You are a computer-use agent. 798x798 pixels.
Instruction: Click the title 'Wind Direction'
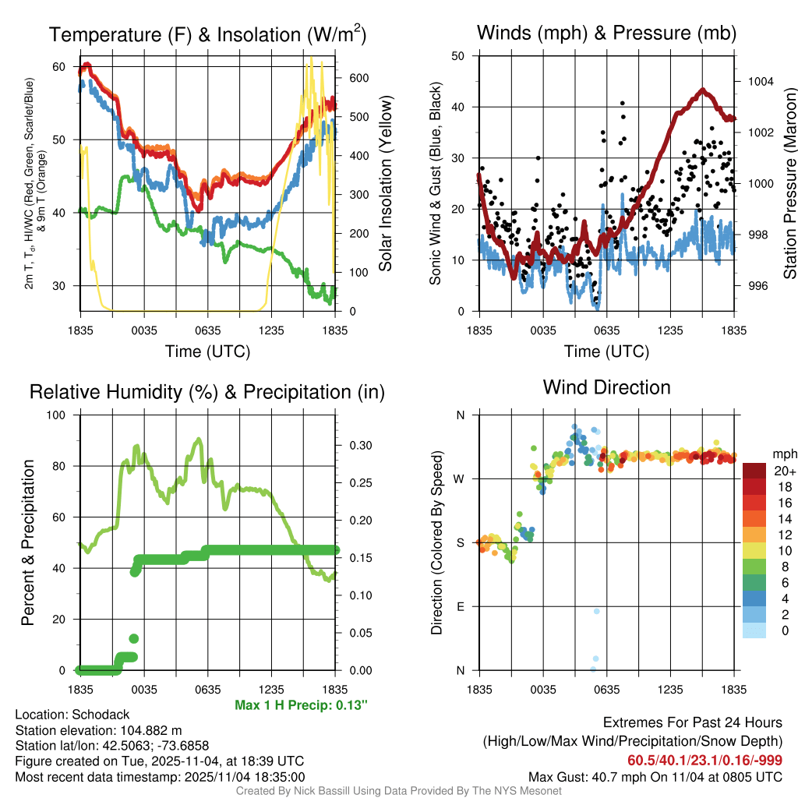(x=606, y=387)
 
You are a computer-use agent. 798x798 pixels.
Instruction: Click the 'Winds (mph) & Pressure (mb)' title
(x=606, y=33)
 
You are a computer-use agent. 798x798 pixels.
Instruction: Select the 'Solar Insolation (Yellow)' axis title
(x=385, y=184)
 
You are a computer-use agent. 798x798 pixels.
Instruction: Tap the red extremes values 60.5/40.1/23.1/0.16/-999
(x=704, y=760)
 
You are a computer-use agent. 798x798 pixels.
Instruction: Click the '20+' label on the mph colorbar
(x=783, y=471)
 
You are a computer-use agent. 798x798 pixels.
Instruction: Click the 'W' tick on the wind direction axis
(x=461, y=478)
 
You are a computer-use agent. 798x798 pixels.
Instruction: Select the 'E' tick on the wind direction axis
(x=461, y=606)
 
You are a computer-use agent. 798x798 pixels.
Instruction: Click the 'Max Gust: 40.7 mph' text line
(x=655, y=776)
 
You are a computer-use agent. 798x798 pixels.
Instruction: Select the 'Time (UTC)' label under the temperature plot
(x=207, y=351)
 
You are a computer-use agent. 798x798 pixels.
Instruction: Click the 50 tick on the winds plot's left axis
(x=458, y=56)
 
